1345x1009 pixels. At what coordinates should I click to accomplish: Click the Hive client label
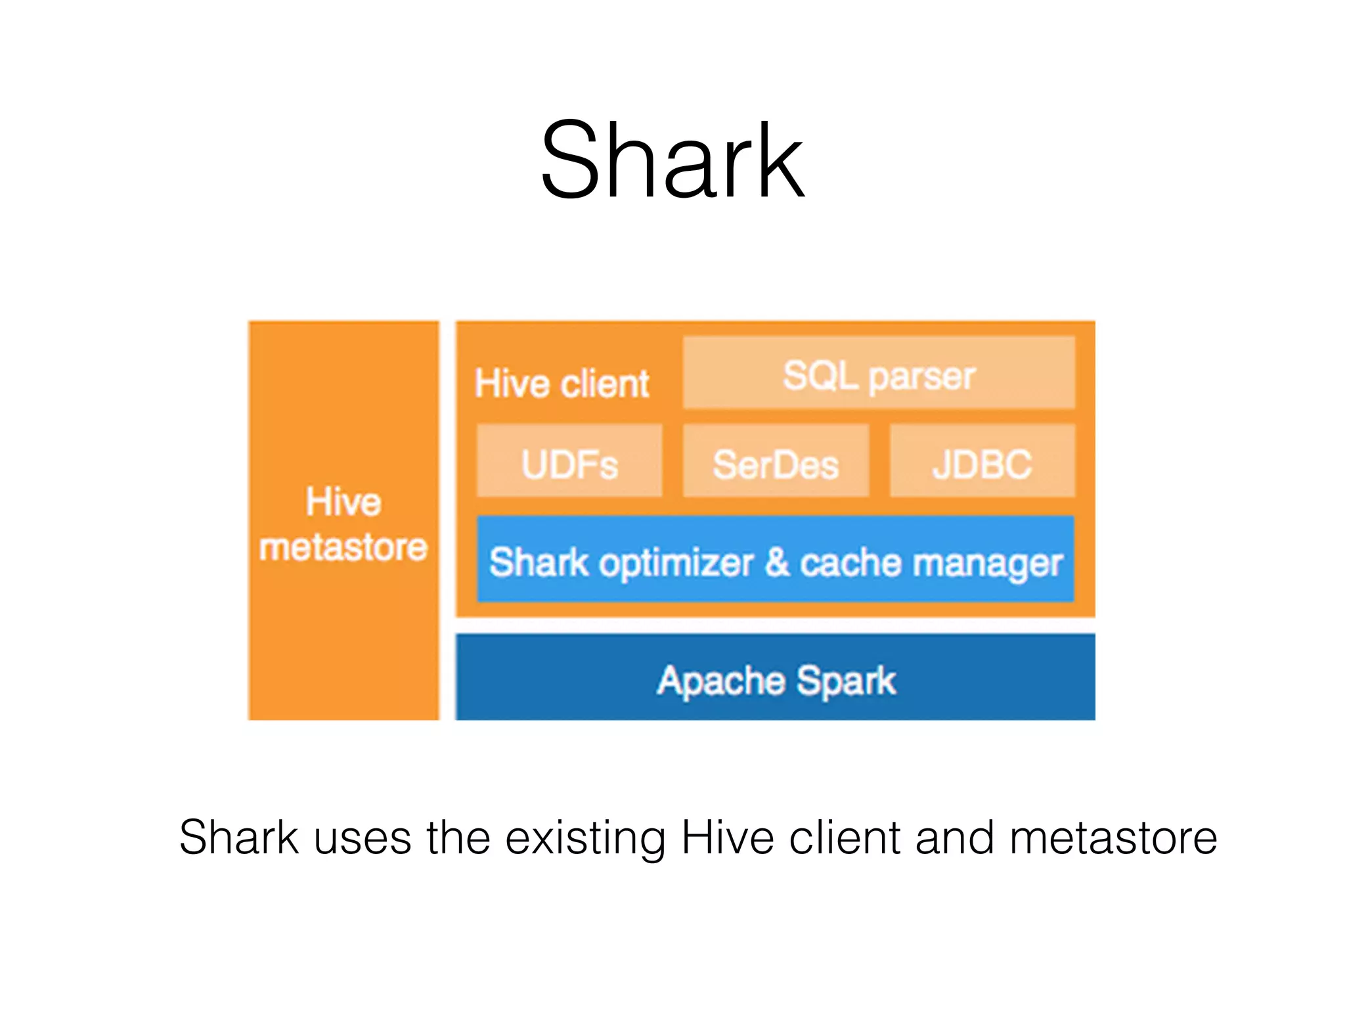click(x=562, y=384)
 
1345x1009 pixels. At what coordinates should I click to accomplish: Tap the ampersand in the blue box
click(x=776, y=562)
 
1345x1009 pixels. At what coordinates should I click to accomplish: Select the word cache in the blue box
click(x=850, y=564)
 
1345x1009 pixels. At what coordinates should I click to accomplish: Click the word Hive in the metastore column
click(x=343, y=502)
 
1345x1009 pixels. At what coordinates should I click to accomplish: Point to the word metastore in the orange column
click(x=343, y=547)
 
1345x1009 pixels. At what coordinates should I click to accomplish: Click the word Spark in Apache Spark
click(x=847, y=681)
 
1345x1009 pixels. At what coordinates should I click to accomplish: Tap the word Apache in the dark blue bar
click(x=720, y=681)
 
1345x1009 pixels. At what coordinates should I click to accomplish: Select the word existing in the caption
click(x=585, y=838)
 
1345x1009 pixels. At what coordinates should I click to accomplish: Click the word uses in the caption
click(x=362, y=838)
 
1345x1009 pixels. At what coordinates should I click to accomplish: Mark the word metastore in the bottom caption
click(x=1113, y=838)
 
